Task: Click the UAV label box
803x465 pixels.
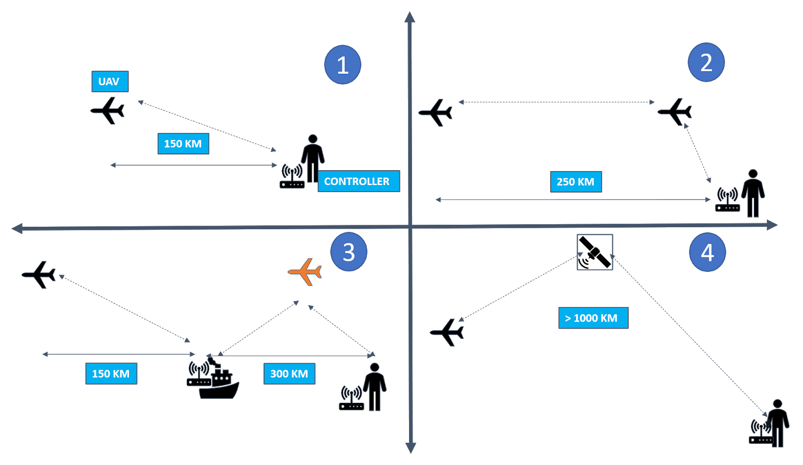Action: pos(110,81)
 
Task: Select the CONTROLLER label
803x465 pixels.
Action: pos(358,181)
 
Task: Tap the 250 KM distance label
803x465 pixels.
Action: pos(576,182)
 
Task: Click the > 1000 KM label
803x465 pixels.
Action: pos(593,318)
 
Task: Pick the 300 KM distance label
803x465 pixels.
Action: pos(289,374)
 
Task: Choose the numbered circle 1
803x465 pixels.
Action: pos(343,65)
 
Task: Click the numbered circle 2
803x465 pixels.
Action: pos(706,62)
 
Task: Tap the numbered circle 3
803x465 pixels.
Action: pos(349,252)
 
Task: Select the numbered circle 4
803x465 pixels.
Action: pos(707,252)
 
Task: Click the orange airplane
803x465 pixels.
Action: pos(305,272)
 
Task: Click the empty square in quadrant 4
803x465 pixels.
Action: pos(595,252)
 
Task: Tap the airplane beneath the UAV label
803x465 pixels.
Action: pos(108,110)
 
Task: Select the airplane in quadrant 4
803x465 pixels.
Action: pos(448,332)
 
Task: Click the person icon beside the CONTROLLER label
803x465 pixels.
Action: pos(313,157)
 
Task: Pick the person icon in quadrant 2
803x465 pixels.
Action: pos(753,193)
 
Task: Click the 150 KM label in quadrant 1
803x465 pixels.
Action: pos(183,144)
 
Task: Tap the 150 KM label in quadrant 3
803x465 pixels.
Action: pos(111,374)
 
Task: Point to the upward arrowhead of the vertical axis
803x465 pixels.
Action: pos(410,18)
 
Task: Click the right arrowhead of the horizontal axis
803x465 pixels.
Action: pos(772,225)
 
